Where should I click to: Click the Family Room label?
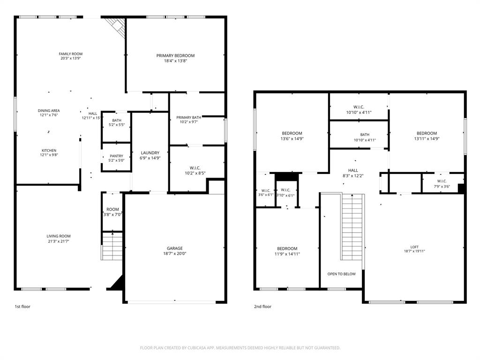[70, 54]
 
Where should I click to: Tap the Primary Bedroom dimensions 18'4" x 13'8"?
[175, 61]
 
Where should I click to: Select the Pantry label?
[116, 156]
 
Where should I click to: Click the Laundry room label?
[150, 153]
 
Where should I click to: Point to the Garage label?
[175, 248]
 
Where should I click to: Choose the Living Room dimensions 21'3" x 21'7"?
[58, 241]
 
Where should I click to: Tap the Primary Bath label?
[188, 118]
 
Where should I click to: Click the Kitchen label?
[49, 150]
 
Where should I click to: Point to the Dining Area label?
[49, 111]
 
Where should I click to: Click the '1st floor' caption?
[22, 307]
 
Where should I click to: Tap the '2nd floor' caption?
[262, 307]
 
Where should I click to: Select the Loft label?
[414, 247]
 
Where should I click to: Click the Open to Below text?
[341, 274]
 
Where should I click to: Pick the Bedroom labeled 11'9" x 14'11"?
[287, 248]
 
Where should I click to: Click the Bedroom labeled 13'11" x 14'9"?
[427, 133]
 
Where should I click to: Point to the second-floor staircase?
[353, 227]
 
